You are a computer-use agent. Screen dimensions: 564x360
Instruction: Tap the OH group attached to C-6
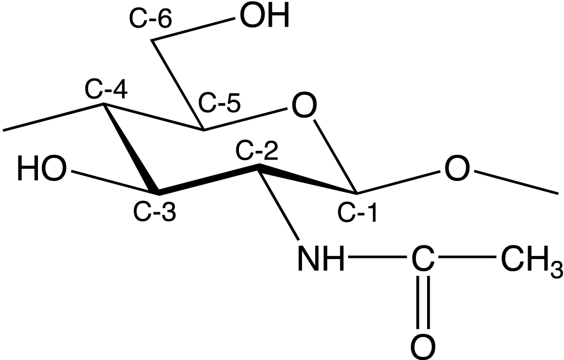(x=265, y=16)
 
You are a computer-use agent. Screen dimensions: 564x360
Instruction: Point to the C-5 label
(x=219, y=104)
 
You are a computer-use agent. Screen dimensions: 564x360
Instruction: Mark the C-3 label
(x=155, y=212)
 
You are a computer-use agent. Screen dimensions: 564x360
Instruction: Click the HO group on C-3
(x=43, y=169)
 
